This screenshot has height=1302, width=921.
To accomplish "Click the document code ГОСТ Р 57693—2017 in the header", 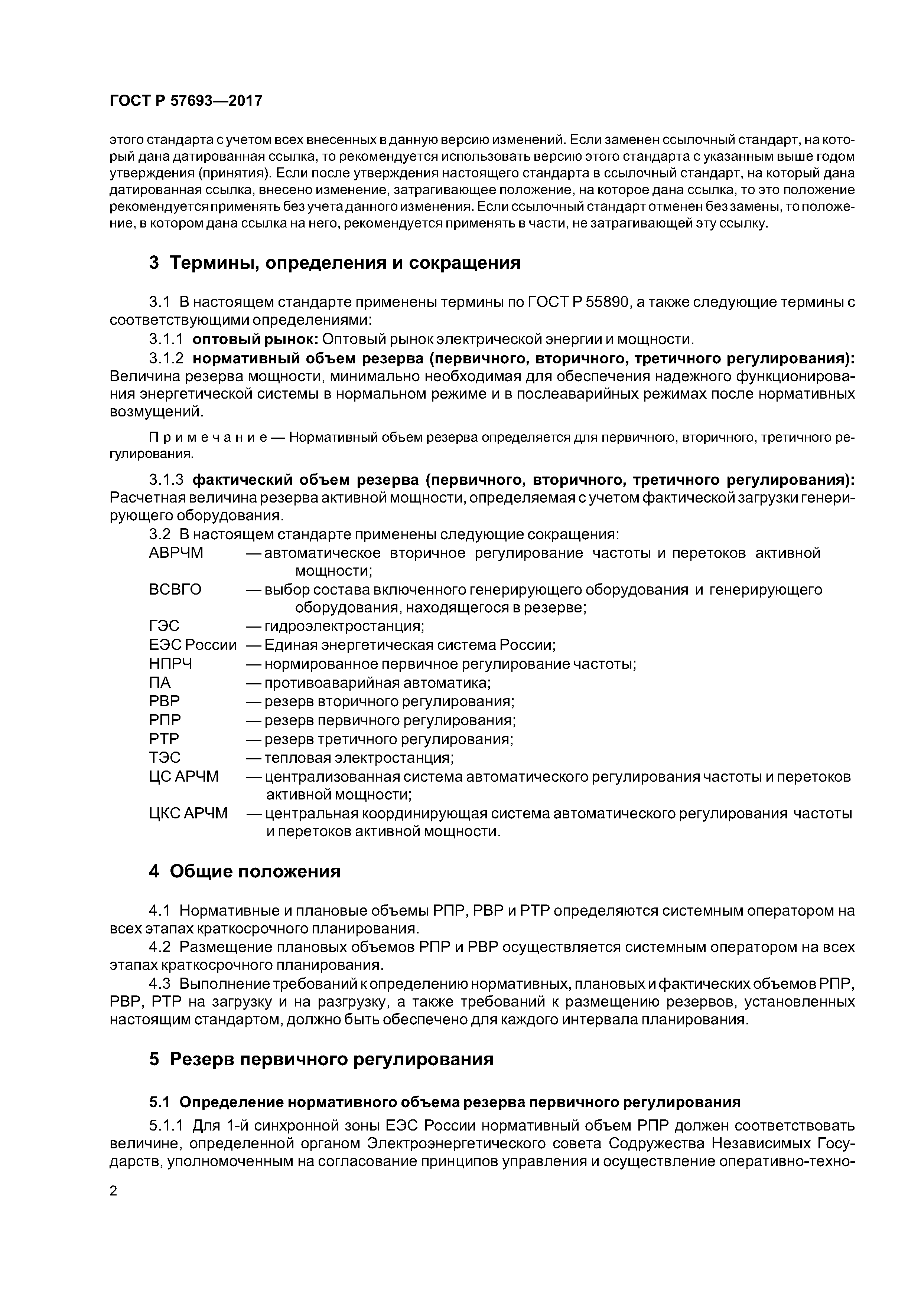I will point(186,101).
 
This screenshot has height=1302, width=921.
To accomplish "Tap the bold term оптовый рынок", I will point(256,339).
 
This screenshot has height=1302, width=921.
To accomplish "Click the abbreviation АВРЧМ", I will point(176,553).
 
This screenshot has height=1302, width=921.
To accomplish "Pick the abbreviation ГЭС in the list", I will point(164,626).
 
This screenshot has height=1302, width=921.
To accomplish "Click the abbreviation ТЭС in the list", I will point(165,758).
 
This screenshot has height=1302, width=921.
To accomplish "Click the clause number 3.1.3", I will point(166,480).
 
